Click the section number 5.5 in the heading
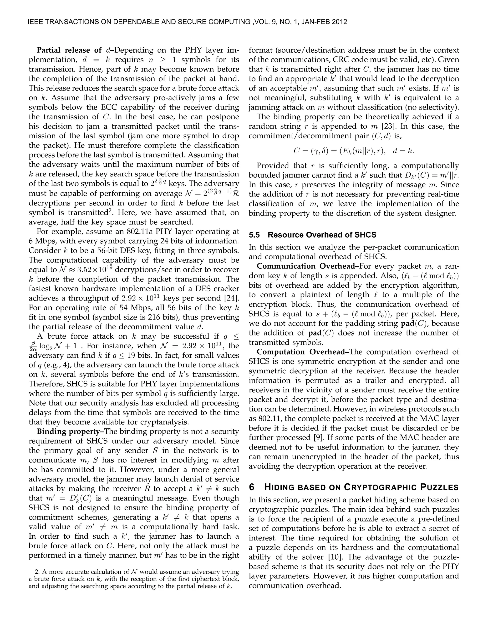tap(254, 235)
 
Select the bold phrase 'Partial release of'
tap(69, 50)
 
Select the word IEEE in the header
tap(36, 22)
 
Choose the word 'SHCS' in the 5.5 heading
tap(366, 235)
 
